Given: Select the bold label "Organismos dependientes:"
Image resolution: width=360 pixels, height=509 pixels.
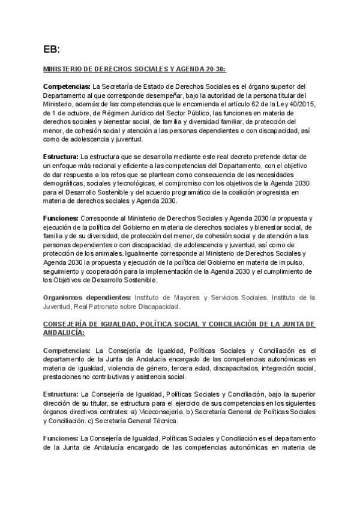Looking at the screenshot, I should tap(87, 297).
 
